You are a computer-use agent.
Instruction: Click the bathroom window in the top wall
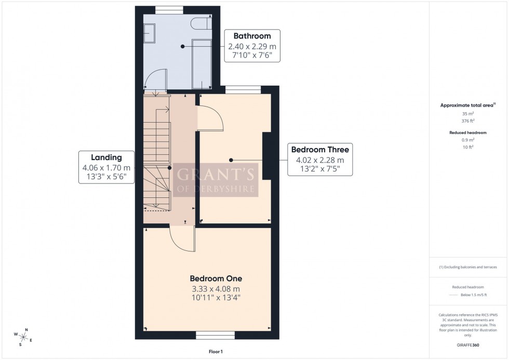[x=169, y=9]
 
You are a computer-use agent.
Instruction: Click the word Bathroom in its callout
[x=252, y=36]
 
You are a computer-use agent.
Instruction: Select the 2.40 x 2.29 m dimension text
[x=252, y=47]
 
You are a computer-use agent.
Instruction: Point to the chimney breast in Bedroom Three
[x=267, y=156]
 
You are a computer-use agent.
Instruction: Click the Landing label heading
[x=107, y=157]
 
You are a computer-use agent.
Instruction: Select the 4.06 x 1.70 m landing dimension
[x=107, y=168]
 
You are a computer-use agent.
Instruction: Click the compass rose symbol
[x=24, y=337]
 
